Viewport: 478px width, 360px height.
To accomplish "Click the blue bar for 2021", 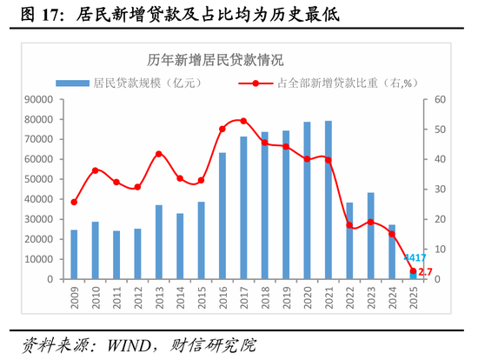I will tap(329, 200).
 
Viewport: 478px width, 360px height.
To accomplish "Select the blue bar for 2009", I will tap(74, 254).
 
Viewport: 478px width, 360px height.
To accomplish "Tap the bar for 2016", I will tap(222, 216).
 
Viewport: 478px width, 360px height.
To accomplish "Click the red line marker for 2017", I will tap(243, 121).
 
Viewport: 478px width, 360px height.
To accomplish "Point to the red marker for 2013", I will tap(159, 154).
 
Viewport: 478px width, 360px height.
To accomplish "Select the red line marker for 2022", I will tap(349, 225).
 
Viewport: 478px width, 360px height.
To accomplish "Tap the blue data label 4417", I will tap(415, 258).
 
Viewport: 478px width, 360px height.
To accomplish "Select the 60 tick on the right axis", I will tap(440, 99).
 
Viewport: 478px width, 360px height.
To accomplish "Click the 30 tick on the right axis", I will tap(440, 190).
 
